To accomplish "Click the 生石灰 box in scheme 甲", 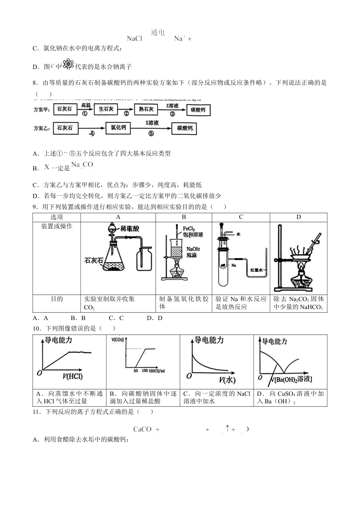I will coord(106,109).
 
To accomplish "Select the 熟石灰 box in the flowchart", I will coord(146,109).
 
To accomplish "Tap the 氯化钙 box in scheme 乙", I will coord(118,128).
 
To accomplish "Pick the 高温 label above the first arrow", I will coord(86,105).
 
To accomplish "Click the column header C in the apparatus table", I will coord(241,217).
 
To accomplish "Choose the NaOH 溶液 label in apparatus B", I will coord(193,252).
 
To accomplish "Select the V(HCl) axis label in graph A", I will coord(72,376).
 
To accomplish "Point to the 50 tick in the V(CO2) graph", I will coord(136,370).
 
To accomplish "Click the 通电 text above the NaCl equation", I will coord(158,33).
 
